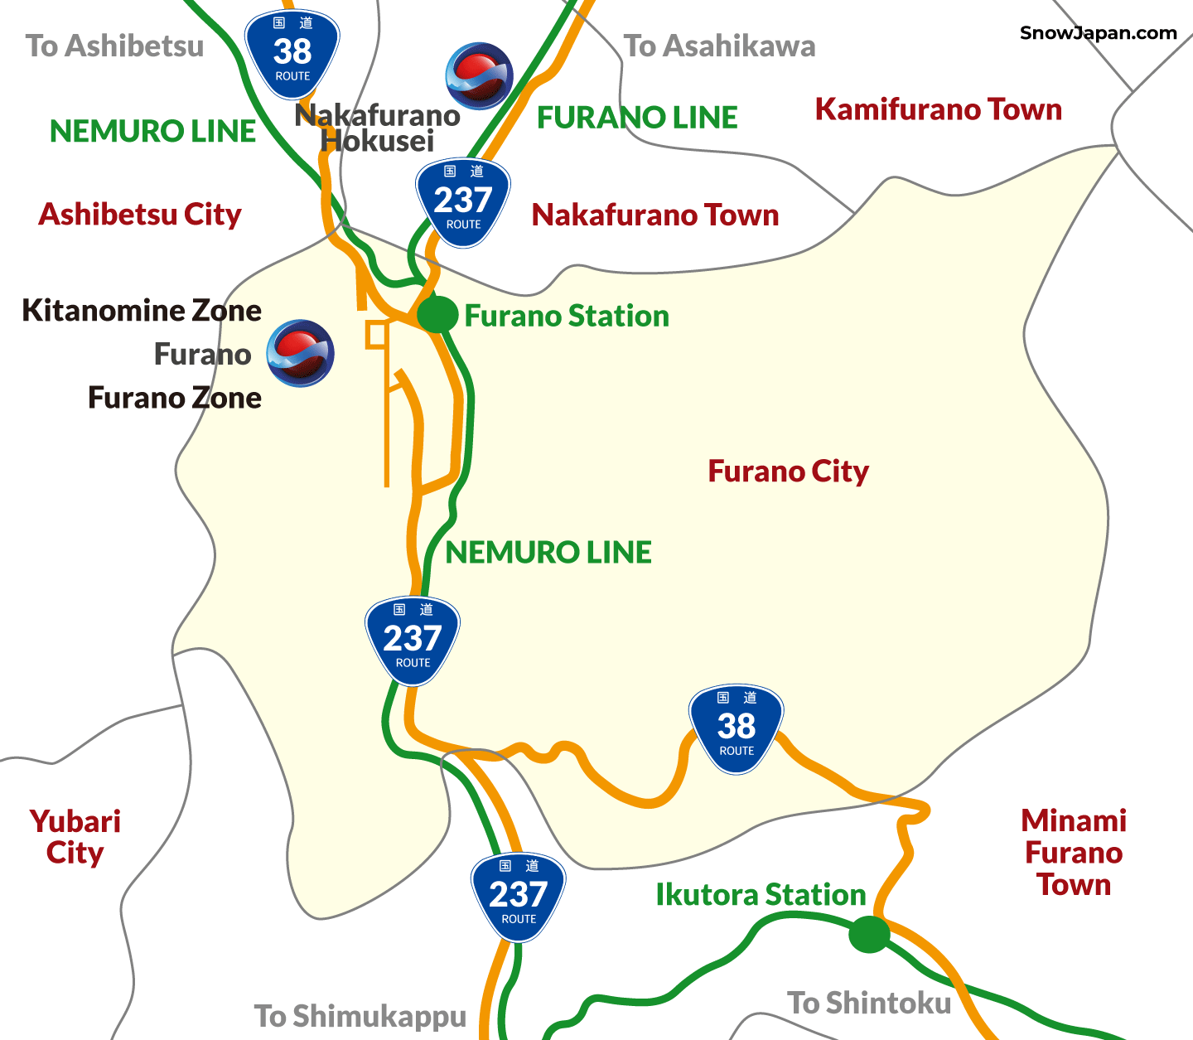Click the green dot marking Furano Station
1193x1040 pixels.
click(x=437, y=314)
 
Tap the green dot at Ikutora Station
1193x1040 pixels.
click(x=869, y=935)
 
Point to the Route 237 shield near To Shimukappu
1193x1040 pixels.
click(x=519, y=897)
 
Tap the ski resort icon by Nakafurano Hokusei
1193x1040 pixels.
click(x=479, y=76)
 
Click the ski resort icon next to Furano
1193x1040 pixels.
click(x=301, y=354)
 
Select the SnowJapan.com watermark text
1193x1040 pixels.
click(x=1098, y=33)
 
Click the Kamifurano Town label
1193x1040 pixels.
click(x=938, y=109)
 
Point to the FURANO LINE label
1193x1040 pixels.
click(x=637, y=118)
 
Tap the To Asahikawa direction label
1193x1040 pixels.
click(x=719, y=46)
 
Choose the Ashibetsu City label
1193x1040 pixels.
click(x=140, y=215)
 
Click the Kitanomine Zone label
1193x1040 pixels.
click(x=142, y=310)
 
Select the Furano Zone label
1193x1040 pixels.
click(x=175, y=398)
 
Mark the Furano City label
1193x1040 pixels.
click(x=788, y=472)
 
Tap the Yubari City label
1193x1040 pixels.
click(x=75, y=837)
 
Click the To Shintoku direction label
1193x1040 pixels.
click(x=869, y=1003)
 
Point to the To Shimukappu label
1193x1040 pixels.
click(x=360, y=1016)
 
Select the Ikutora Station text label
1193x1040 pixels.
click(x=761, y=895)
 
